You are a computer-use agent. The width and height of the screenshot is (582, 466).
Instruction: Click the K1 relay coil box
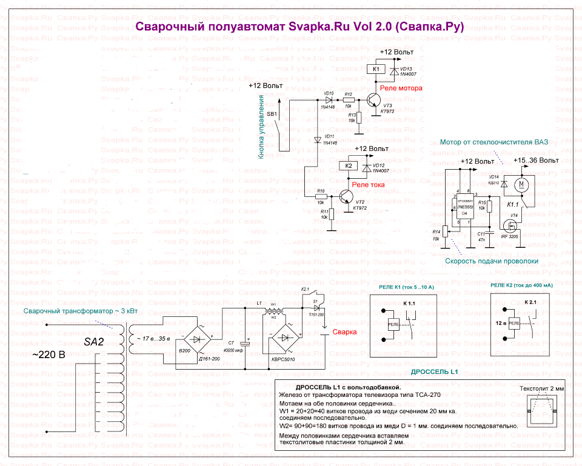click(376, 69)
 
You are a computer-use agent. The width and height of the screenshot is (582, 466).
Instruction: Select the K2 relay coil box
click(348, 165)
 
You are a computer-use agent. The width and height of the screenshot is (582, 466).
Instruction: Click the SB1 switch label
click(272, 113)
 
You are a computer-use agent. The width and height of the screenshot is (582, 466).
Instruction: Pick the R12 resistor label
click(348, 94)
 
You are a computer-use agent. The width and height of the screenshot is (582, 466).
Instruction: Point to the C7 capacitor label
click(230, 343)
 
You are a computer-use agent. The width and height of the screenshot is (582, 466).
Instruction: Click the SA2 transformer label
click(95, 342)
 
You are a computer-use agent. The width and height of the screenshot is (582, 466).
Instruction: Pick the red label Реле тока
click(367, 184)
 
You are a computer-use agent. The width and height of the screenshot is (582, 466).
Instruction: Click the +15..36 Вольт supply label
click(535, 161)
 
